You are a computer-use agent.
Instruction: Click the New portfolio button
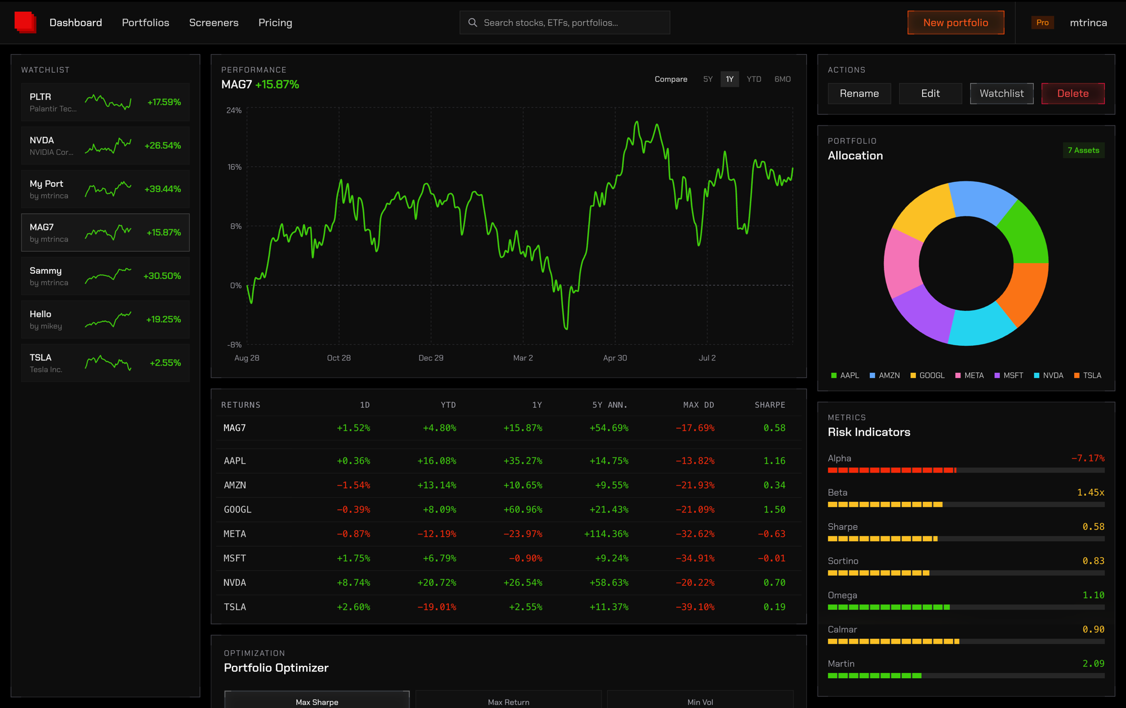point(955,23)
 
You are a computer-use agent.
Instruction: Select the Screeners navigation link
point(214,23)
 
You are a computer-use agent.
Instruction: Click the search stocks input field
point(565,23)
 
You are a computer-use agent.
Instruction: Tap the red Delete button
point(1073,93)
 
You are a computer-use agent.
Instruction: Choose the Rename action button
point(859,93)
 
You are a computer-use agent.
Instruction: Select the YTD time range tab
point(754,79)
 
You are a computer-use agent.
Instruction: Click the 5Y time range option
point(708,79)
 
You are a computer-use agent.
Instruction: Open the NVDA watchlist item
point(105,145)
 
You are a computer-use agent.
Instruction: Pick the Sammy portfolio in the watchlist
point(105,276)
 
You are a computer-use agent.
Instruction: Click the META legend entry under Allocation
point(969,375)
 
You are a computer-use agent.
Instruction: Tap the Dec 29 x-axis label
point(431,358)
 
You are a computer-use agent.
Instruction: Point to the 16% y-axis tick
point(234,167)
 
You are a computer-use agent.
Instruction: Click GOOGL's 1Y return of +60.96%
point(523,509)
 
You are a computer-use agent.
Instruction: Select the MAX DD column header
point(699,405)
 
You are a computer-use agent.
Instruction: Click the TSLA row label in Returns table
point(235,607)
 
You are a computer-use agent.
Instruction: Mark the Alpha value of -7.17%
point(1088,458)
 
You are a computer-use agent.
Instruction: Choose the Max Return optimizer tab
point(508,702)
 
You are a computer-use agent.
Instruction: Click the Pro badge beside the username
point(1042,23)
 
